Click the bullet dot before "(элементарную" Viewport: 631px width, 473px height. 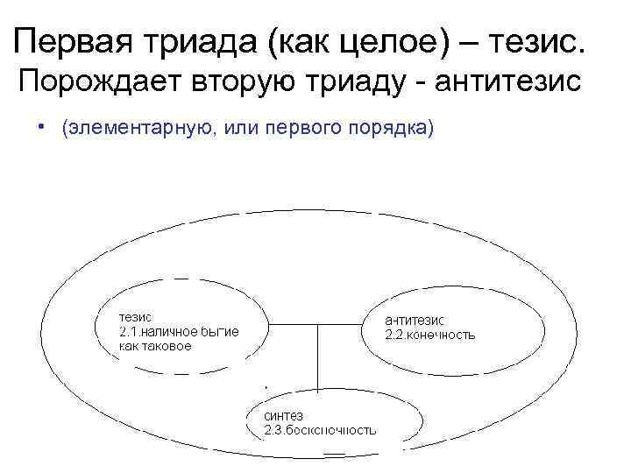tap(41, 125)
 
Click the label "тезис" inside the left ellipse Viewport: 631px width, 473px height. tap(135, 316)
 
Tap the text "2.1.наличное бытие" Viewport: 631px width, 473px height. tap(179, 331)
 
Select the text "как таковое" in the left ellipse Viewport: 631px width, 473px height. tap(155, 345)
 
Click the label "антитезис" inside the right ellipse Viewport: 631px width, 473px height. tap(416, 321)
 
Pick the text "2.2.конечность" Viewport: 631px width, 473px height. tap(431, 335)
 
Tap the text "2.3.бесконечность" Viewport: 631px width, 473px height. tap(321, 429)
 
